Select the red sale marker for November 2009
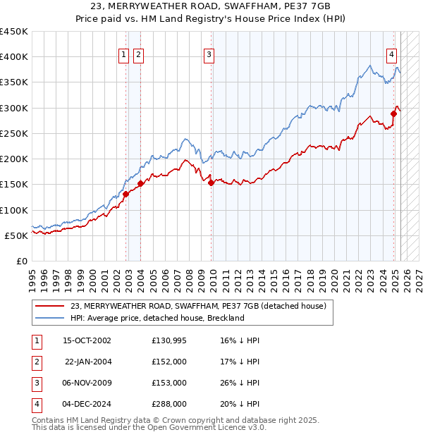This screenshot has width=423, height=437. tap(211, 183)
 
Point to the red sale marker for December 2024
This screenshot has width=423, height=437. tap(394, 113)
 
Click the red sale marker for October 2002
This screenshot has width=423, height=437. tap(125, 194)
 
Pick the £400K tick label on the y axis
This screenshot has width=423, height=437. tap(14, 57)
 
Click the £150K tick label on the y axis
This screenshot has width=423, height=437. tap(14, 185)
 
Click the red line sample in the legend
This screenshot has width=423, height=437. tap(50, 307)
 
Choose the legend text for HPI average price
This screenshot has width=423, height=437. tap(157, 318)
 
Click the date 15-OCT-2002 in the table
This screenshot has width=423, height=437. tap(87, 341)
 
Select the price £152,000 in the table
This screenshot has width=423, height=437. tap(169, 362)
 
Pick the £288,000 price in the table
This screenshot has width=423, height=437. tap(169, 405)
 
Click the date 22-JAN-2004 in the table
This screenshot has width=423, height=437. tap(87, 362)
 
